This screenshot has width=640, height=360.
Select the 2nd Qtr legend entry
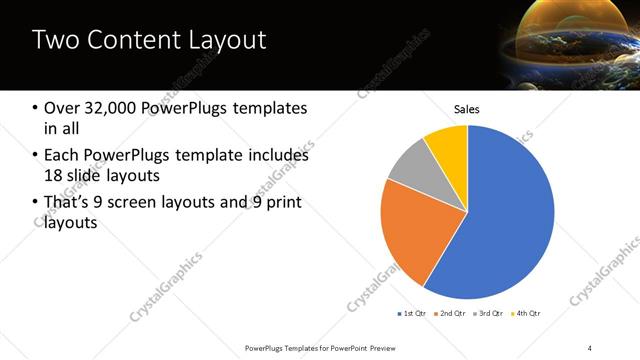tap(452, 314)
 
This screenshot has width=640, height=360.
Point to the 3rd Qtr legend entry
tap(490, 314)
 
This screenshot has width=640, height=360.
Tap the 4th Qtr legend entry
tap(527, 314)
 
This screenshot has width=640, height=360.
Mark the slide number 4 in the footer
tap(590, 347)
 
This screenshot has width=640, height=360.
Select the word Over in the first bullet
tap(62, 108)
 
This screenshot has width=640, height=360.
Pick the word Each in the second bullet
tap(62, 155)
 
